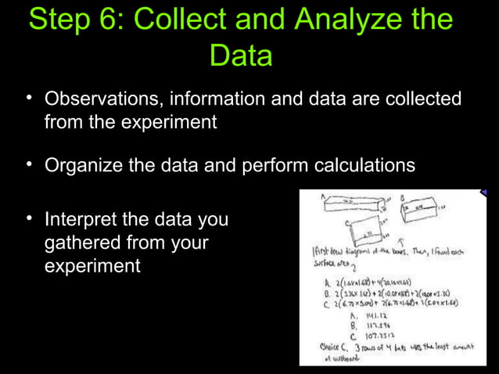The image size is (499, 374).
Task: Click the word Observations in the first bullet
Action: point(100,100)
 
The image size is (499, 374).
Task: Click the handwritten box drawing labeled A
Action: point(352,206)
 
